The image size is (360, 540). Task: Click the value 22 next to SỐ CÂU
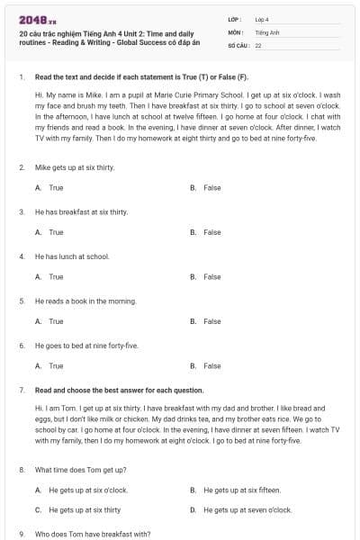pos(258,45)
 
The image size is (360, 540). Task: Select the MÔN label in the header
pos(235,31)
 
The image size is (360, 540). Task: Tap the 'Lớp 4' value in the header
pos(262,19)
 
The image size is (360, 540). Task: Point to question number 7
pos(21,390)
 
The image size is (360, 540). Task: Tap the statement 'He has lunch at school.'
pos(72,256)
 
